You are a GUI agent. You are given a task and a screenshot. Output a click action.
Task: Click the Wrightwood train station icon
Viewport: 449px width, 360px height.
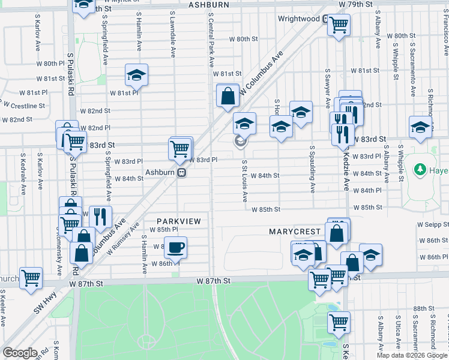(325, 19)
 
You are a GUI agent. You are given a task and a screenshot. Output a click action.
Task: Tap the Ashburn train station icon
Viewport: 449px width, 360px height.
(181, 172)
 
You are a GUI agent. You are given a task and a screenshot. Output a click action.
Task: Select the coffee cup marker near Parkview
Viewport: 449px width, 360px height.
(175, 247)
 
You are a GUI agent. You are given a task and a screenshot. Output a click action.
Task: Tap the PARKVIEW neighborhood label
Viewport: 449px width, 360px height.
(179, 221)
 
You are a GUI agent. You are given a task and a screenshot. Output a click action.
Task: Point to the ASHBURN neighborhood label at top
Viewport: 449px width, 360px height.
(209, 5)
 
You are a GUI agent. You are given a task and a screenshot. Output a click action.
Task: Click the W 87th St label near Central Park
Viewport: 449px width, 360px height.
(214, 281)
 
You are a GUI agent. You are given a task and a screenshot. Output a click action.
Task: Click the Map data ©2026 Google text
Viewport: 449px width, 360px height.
(411, 355)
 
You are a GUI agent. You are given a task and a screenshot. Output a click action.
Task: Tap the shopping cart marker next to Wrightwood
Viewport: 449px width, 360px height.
(339, 25)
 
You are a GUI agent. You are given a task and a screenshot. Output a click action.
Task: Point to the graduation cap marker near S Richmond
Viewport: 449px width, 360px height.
(420, 127)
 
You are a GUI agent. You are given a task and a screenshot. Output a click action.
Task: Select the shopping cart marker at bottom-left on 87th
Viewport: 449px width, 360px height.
(31, 278)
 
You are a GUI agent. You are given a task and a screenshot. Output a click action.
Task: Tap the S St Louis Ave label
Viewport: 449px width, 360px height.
(245, 181)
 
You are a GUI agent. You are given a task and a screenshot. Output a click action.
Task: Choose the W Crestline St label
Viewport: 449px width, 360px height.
(24, 106)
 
